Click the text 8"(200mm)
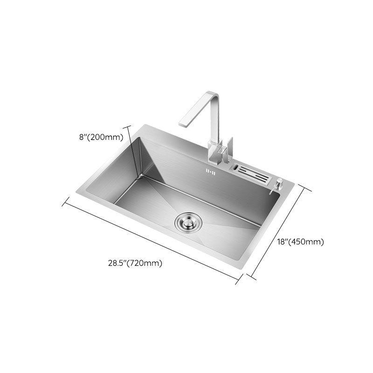pyautogui.click(x=101, y=137)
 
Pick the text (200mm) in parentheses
pyautogui.click(x=108, y=137)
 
